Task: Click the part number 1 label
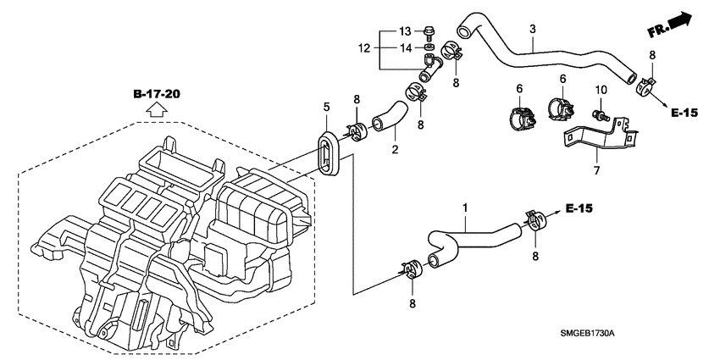pyautogui.click(x=465, y=208)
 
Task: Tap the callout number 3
pyautogui.click(x=532, y=30)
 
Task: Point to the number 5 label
pyautogui.click(x=325, y=107)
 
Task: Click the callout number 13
pyautogui.click(x=404, y=31)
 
